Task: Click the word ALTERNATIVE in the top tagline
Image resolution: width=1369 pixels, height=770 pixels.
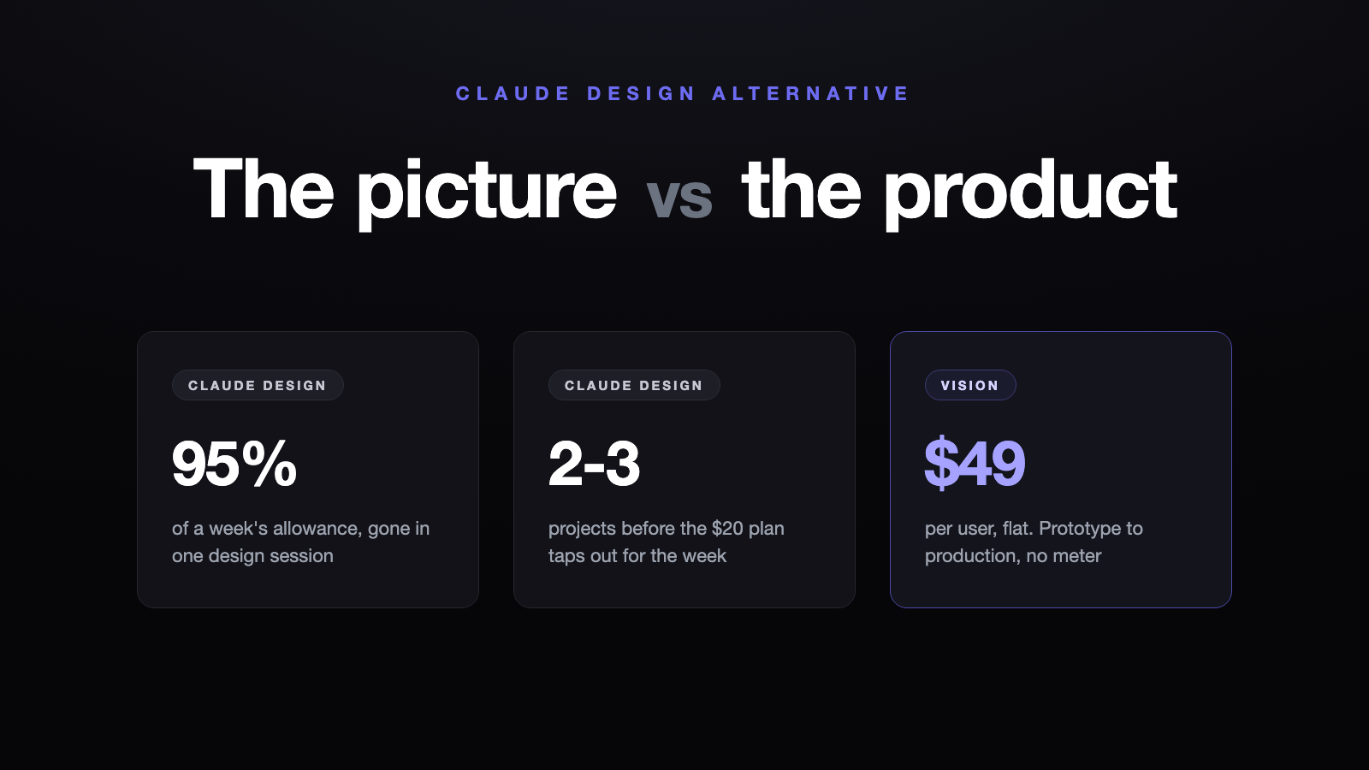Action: [x=811, y=93]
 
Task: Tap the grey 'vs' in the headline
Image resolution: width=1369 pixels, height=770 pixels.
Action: [x=679, y=197]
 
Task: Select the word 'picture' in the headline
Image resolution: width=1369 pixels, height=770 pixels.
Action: [x=487, y=193]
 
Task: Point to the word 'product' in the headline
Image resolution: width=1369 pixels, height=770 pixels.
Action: [x=1030, y=193]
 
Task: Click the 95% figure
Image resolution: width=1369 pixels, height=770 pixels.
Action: [x=234, y=463]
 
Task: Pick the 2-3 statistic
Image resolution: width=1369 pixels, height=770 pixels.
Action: [x=594, y=463]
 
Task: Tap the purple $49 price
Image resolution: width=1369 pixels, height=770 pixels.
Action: [x=975, y=463]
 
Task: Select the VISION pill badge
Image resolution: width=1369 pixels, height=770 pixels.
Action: [x=970, y=385]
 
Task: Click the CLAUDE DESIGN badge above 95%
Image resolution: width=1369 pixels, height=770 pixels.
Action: [x=258, y=385]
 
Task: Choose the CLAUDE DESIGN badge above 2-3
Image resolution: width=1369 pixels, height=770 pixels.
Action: [x=634, y=385]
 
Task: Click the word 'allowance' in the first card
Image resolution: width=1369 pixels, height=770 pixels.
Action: [x=316, y=528]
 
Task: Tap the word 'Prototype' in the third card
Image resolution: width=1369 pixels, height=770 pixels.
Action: [x=1082, y=529]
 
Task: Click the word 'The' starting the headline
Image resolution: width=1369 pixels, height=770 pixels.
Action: [x=264, y=188]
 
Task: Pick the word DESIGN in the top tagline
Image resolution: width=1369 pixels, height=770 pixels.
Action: [x=642, y=93]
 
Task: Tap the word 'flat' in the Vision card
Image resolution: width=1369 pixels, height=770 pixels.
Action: [x=1017, y=528]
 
